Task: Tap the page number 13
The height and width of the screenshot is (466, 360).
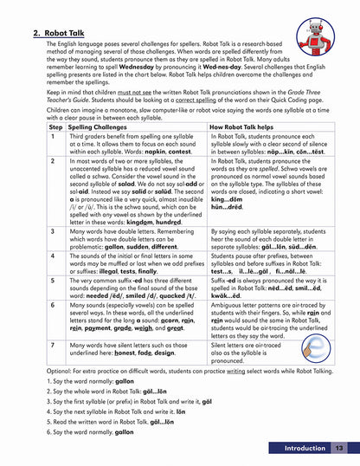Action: (339, 448)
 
